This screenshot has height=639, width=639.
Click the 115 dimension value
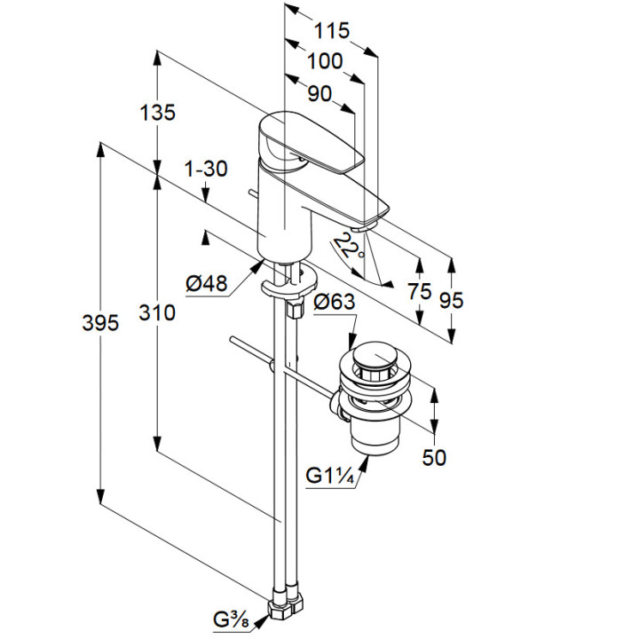[332, 30]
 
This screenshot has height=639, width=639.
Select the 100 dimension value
[325, 61]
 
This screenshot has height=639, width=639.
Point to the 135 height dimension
[158, 113]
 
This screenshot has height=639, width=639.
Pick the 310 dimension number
[158, 312]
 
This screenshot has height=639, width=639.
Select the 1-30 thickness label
[206, 169]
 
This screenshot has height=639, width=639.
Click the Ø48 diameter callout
[206, 283]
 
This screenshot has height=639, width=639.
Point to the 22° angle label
[351, 245]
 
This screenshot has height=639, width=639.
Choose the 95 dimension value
[452, 300]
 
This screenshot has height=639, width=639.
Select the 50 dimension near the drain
[434, 457]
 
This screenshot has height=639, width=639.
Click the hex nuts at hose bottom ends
[285, 611]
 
